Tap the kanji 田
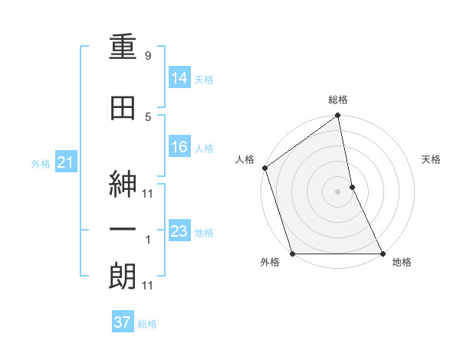coord(123,109)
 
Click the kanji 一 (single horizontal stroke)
coord(123,231)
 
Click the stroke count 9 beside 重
coord(148,56)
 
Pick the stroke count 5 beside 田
coord(148,116)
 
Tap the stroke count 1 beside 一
coord(148,240)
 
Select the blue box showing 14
coord(179,77)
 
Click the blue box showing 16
coord(179,147)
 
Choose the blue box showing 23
coord(179,231)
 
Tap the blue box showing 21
coord(65,162)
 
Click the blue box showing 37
coord(122,322)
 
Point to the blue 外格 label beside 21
coord(40,163)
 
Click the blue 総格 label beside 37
coord(147,324)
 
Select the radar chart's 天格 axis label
coord(432,159)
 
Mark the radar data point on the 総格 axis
coord(338,117)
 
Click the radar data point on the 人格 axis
coord(264,168)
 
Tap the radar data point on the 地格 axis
coord(382,254)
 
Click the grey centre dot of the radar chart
coord(338,191)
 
